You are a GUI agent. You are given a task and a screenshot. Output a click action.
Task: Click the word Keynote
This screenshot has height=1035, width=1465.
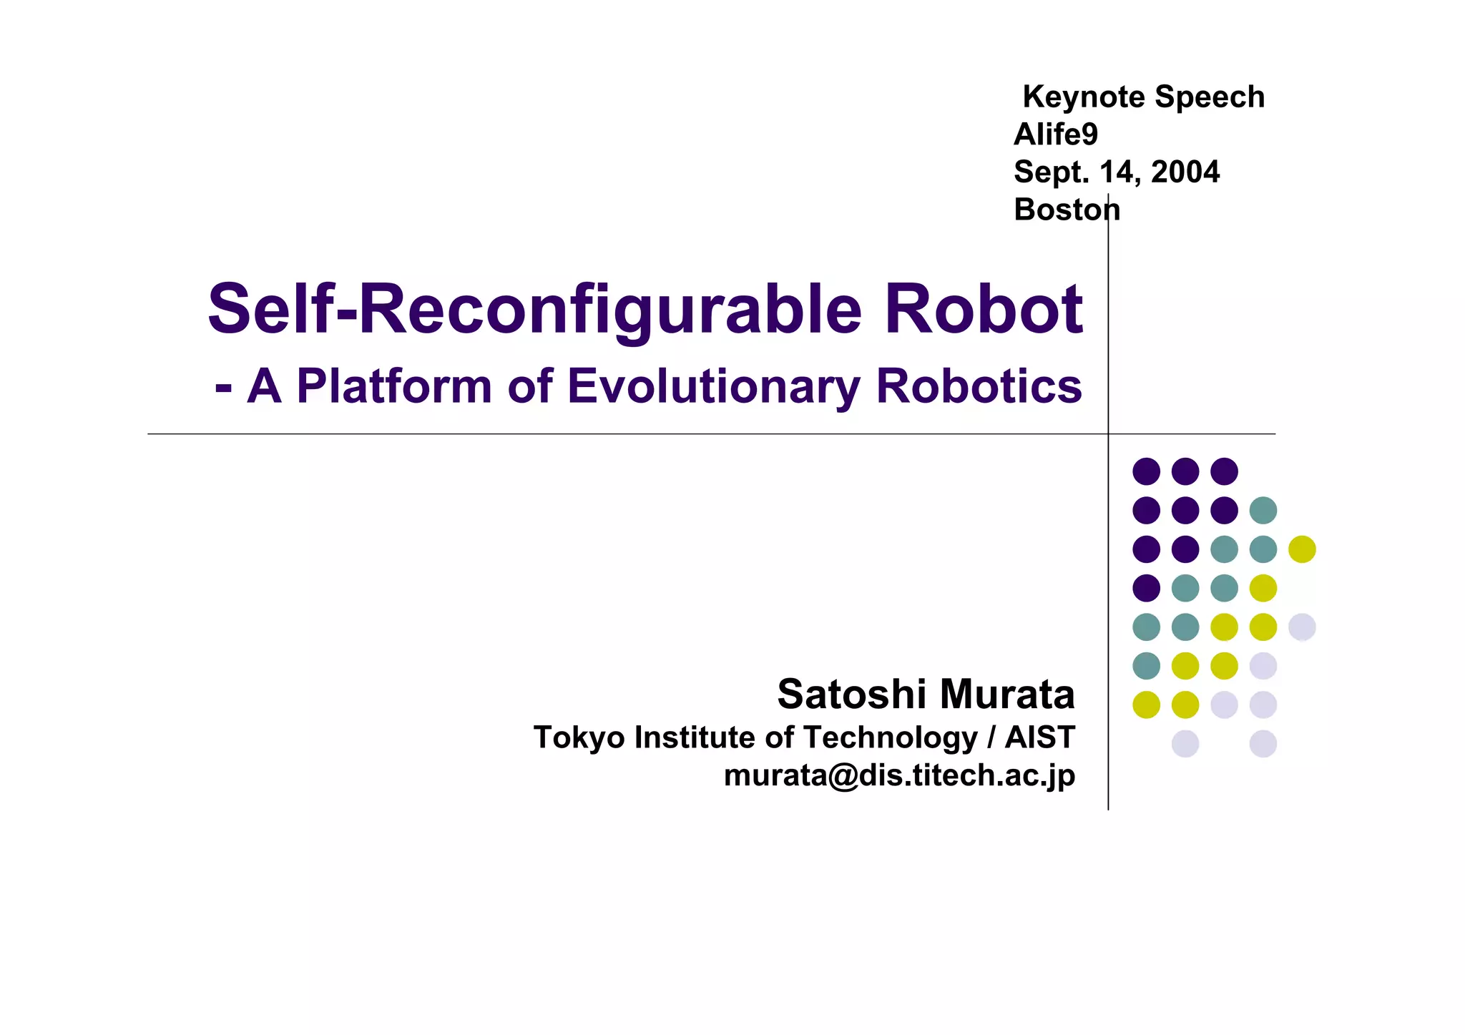pyautogui.click(x=1083, y=97)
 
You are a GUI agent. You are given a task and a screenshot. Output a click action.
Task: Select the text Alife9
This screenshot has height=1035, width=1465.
pyautogui.click(x=1056, y=134)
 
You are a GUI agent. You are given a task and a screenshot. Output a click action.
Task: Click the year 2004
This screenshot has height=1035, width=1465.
pyautogui.click(x=1185, y=172)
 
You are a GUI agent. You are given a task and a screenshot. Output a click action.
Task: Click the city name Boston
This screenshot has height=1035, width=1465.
pyautogui.click(x=1067, y=210)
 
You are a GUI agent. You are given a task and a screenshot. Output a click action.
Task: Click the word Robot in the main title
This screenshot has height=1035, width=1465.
pyautogui.click(x=984, y=310)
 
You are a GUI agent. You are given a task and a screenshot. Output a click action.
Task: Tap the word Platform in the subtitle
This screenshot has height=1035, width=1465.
pyautogui.click(x=394, y=386)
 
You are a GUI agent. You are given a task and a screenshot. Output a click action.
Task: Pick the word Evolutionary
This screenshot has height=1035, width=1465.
pyautogui.click(x=715, y=386)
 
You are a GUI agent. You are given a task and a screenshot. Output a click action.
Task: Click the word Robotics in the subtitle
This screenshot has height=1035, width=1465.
pyautogui.click(x=979, y=386)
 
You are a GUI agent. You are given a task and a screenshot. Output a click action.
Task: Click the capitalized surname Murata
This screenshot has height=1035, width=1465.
pyautogui.click(x=1007, y=694)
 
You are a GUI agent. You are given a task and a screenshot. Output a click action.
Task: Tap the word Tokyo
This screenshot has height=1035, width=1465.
pyautogui.click(x=579, y=737)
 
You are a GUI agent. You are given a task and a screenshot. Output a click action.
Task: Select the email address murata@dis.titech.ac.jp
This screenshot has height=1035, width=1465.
pyautogui.click(x=899, y=776)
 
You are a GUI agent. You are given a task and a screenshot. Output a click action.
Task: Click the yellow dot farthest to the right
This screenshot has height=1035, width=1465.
pyautogui.click(x=1302, y=549)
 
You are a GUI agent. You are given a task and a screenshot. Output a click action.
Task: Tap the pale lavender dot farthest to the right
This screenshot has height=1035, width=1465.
pyautogui.click(x=1302, y=627)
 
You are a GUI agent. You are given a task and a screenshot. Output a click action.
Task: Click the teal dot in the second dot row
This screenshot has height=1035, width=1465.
pyautogui.click(x=1263, y=511)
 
